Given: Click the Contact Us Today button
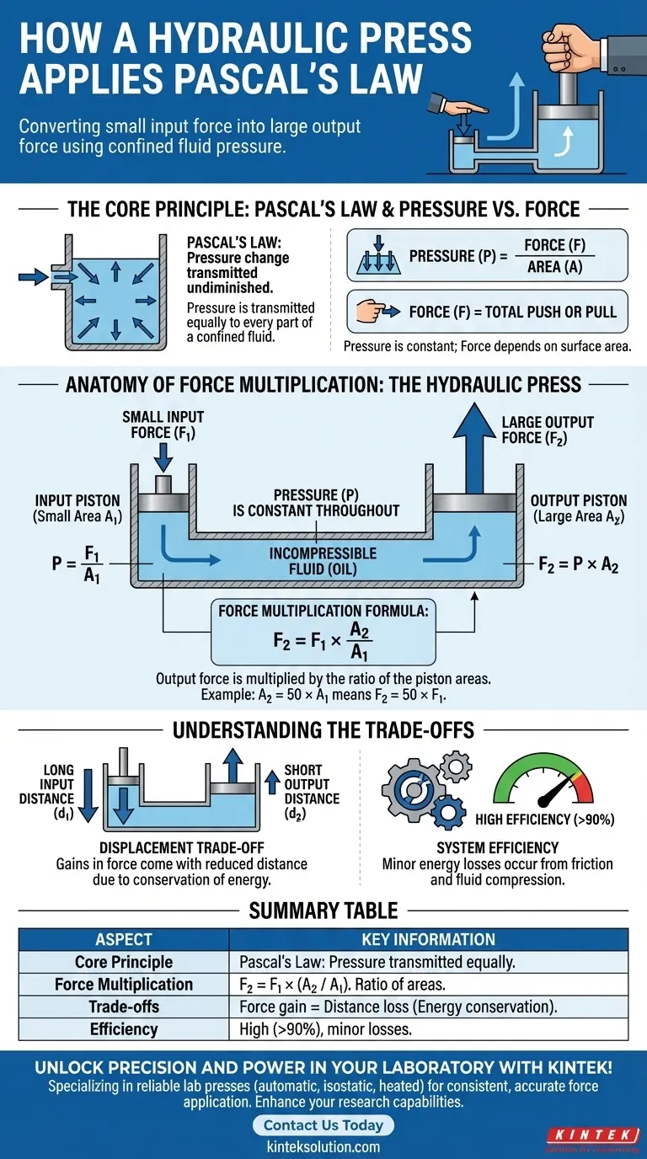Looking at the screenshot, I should [323, 1125].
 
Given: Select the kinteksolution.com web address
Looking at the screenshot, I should [324, 1146].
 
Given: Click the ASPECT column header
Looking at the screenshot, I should [124, 939].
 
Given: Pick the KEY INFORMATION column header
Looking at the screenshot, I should [428, 939].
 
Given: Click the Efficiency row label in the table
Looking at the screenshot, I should [124, 1028].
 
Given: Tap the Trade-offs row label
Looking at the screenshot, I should [124, 1007].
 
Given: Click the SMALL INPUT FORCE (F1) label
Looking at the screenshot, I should [163, 425].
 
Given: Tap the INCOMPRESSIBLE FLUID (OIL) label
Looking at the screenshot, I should [323, 562].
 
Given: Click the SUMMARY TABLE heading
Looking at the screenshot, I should [323, 910].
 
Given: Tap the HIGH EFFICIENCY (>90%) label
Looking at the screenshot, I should [544, 819].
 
